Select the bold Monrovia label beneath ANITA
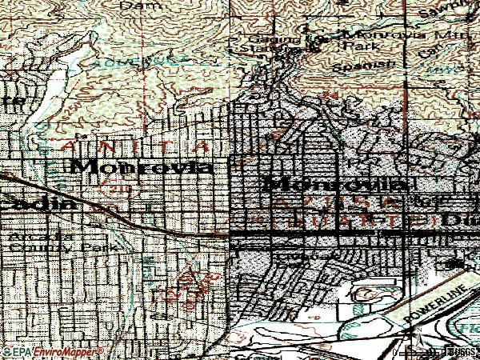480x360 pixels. coord(142,167)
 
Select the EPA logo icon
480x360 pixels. coord(15,352)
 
